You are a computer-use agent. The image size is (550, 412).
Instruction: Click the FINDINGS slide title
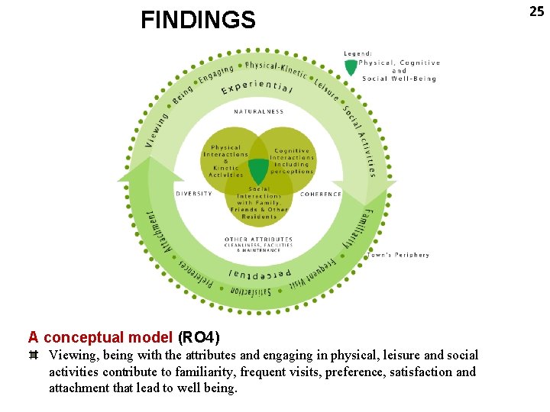pyautogui.click(x=198, y=20)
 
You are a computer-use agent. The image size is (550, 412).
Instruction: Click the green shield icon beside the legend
pyautogui.click(x=351, y=67)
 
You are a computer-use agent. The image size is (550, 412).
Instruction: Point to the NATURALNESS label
pyautogui.click(x=259, y=111)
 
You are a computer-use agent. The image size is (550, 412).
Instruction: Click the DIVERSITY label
pyautogui.click(x=194, y=194)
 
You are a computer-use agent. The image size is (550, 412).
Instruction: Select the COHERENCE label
pyautogui.click(x=321, y=194)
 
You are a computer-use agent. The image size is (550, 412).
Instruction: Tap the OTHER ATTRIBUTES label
pyautogui.click(x=258, y=240)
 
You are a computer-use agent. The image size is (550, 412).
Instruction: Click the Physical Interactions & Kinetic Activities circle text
pyautogui.click(x=225, y=161)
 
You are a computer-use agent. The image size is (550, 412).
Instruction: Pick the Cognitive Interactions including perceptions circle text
pyautogui.click(x=292, y=161)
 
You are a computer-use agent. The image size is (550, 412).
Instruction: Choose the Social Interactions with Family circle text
pyautogui.click(x=259, y=202)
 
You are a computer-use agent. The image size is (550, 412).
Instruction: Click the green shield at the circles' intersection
pyautogui.click(x=259, y=170)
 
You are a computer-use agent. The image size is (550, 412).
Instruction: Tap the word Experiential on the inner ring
pyautogui.click(x=257, y=89)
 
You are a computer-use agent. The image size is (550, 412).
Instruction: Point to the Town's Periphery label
pyautogui.click(x=398, y=255)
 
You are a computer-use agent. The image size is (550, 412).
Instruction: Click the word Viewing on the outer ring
pyautogui.click(x=157, y=130)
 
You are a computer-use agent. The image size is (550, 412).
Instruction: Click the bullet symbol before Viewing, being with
pyautogui.click(x=34, y=356)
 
